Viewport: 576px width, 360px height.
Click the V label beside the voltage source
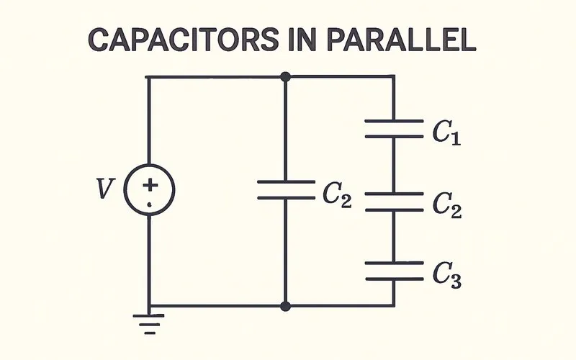click(105, 189)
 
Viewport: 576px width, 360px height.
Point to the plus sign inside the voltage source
click(150, 185)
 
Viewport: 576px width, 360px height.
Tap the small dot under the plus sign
click(150, 204)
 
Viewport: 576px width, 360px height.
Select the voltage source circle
click(150, 191)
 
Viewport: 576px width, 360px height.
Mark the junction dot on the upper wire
click(286, 76)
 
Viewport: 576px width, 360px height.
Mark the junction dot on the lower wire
click(286, 306)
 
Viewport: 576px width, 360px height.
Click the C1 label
click(446, 132)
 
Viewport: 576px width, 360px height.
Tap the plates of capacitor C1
click(394, 129)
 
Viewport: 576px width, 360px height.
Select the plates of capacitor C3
click(394, 271)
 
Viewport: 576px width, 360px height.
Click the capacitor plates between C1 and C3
click(394, 202)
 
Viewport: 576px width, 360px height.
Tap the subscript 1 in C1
click(455, 138)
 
